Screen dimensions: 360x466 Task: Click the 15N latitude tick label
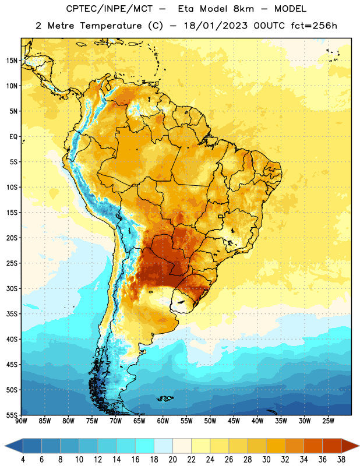(12, 61)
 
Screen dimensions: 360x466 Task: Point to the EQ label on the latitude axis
(13, 137)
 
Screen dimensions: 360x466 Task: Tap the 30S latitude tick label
(12, 288)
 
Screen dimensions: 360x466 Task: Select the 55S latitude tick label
(12, 415)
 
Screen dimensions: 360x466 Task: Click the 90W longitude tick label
(21, 421)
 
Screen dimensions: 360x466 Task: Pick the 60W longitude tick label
(163, 421)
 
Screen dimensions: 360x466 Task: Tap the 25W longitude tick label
(328, 421)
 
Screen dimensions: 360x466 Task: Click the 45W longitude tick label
(234, 421)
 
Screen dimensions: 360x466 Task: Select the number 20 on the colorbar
(172, 460)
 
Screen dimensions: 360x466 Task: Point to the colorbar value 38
(341, 460)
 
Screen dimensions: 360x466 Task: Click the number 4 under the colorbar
(23, 460)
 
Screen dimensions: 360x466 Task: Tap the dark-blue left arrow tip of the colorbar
(5, 446)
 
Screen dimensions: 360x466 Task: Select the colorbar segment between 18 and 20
(163, 446)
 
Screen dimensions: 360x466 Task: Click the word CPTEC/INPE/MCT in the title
(109, 9)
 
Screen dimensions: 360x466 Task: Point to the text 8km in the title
(243, 9)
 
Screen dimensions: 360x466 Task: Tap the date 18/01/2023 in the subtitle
(216, 26)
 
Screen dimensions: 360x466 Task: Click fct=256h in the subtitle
(314, 26)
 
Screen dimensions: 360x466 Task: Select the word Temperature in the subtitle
(111, 26)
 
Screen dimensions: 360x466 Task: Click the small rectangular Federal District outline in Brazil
(221, 216)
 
